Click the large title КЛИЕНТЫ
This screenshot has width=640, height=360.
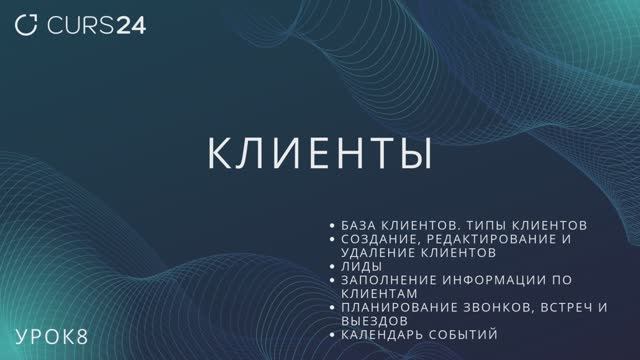pos(319,155)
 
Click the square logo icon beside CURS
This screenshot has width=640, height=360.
pos(30,25)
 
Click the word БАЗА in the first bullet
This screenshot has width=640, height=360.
pos(359,225)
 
